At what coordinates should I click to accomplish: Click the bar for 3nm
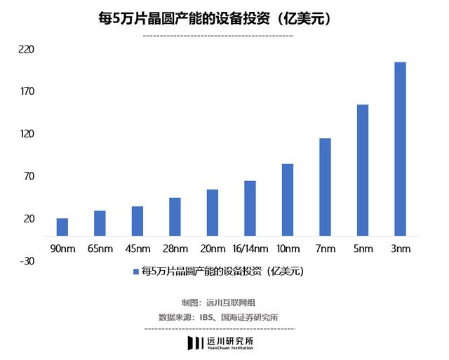pos(400,149)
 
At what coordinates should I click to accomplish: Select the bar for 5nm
pos(363,170)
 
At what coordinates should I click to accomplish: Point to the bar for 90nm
pos(62,227)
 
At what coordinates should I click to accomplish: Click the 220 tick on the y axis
pos(28,51)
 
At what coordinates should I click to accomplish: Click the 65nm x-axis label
pos(100,248)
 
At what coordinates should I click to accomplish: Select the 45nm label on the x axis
pos(138,248)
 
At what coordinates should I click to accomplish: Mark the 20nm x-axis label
pos(213,248)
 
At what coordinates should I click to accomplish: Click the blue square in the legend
pos(136,270)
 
